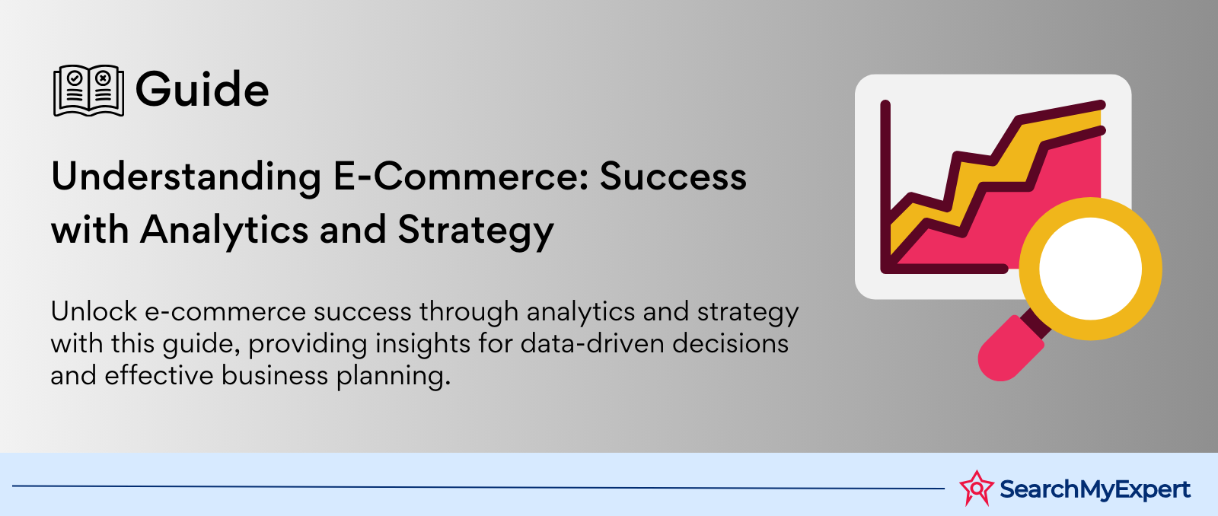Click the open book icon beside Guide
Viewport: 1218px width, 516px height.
tap(88, 91)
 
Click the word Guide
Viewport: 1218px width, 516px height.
tap(202, 89)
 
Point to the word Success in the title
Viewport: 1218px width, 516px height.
tap(673, 177)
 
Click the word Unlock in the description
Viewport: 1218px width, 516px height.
tap(94, 311)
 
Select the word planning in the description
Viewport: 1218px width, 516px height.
tap(393, 376)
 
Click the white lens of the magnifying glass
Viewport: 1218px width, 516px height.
tap(1090, 268)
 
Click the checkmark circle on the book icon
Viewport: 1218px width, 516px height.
tap(75, 78)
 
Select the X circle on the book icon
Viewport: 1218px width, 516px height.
tap(103, 78)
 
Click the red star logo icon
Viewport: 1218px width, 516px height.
tap(977, 488)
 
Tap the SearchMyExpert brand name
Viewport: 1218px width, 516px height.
tap(1095, 489)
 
